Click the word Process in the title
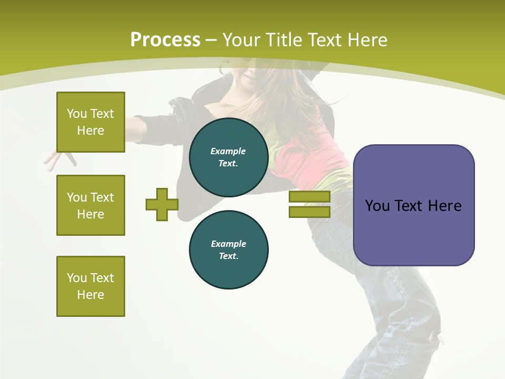pyautogui.click(x=165, y=40)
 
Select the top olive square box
pyautogui.click(x=90, y=122)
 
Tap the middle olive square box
pyautogui.click(x=90, y=205)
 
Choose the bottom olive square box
pyautogui.click(x=90, y=286)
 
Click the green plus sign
pyautogui.click(x=162, y=204)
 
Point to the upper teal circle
pyautogui.click(x=229, y=157)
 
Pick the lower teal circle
pyautogui.click(x=229, y=250)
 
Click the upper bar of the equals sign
pyautogui.click(x=309, y=197)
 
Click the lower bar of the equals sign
pyautogui.click(x=309, y=212)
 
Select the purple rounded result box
pyautogui.click(x=413, y=205)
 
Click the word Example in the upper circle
pyautogui.click(x=228, y=151)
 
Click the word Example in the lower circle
pyautogui.click(x=228, y=244)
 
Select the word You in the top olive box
pyautogui.click(x=76, y=114)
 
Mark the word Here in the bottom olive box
pyautogui.click(x=90, y=295)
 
